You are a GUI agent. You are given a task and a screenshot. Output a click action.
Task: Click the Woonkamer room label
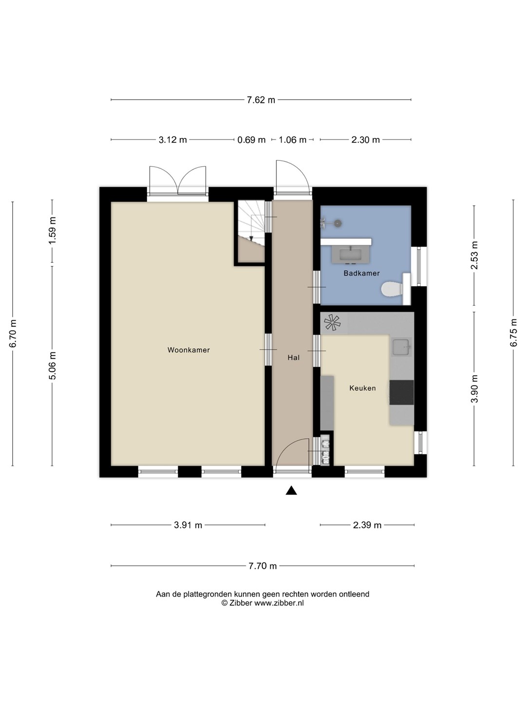pyautogui.click(x=188, y=350)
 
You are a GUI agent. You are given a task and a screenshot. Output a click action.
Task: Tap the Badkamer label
pyautogui.click(x=361, y=273)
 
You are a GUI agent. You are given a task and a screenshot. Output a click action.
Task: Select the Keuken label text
pyautogui.click(x=362, y=388)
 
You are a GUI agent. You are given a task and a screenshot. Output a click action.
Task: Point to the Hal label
pyautogui.click(x=294, y=357)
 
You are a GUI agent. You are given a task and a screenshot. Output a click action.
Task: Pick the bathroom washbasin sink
pyautogui.click(x=351, y=254)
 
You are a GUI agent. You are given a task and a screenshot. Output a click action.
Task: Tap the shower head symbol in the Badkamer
pyautogui.click(x=338, y=223)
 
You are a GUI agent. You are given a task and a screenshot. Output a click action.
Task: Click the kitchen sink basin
pyautogui.click(x=401, y=348)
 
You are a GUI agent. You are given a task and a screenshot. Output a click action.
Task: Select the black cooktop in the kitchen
pyautogui.click(x=401, y=392)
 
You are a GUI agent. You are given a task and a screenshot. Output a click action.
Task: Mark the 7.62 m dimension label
pyautogui.click(x=261, y=100)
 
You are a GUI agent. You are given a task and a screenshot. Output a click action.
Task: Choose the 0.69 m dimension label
pyautogui.click(x=251, y=140)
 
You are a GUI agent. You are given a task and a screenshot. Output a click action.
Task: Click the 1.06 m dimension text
pyautogui.click(x=292, y=140)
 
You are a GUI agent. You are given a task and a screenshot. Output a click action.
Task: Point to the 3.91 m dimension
pyautogui.click(x=188, y=525)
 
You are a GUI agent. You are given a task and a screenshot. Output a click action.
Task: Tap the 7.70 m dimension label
pyautogui.click(x=263, y=566)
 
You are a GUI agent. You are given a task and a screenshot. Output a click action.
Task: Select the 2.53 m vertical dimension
pyautogui.click(x=474, y=255)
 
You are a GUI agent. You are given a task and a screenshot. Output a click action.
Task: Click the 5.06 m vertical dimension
pyautogui.click(x=53, y=366)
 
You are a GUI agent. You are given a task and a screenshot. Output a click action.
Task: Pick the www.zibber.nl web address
pyautogui.click(x=279, y=603)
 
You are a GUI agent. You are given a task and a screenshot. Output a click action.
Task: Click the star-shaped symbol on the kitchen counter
pyautogui.click(x=332, y=322)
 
